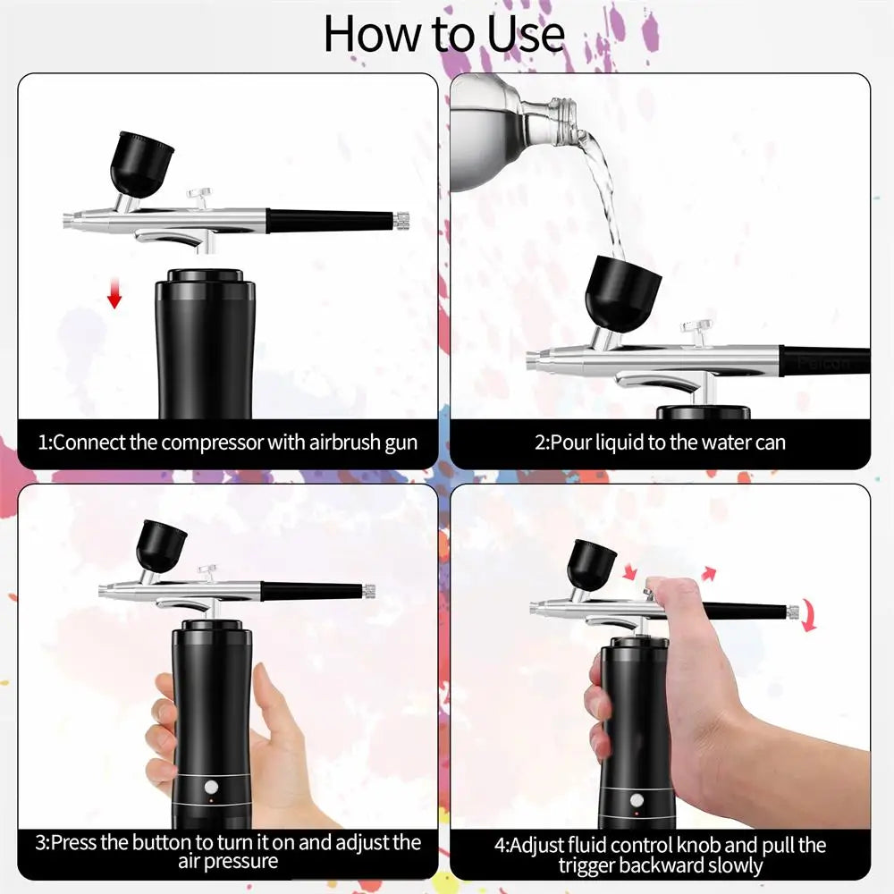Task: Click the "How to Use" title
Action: (444, 33)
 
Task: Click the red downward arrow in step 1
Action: (114, 293)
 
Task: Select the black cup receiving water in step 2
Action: (621, 292)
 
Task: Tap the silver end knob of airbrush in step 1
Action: (402, 218)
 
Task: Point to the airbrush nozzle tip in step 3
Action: (103, 589)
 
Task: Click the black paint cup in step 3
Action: (161, 544)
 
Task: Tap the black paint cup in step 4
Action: (591, 563)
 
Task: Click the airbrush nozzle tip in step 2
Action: (530, 359)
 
